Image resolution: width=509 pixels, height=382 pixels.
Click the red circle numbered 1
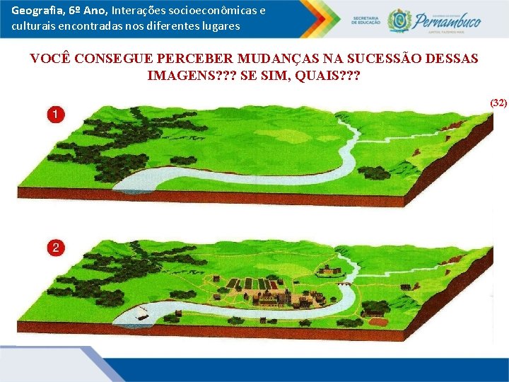54,114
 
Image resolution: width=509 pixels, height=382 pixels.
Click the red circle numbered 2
54,248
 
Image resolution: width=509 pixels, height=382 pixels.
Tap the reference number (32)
498,103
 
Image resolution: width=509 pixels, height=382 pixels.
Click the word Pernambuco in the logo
447,21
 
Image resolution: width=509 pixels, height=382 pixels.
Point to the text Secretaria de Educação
365,21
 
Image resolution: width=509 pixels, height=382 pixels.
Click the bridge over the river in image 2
344,283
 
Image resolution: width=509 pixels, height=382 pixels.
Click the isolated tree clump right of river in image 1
373,173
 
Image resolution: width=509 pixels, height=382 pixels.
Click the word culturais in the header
32,26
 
